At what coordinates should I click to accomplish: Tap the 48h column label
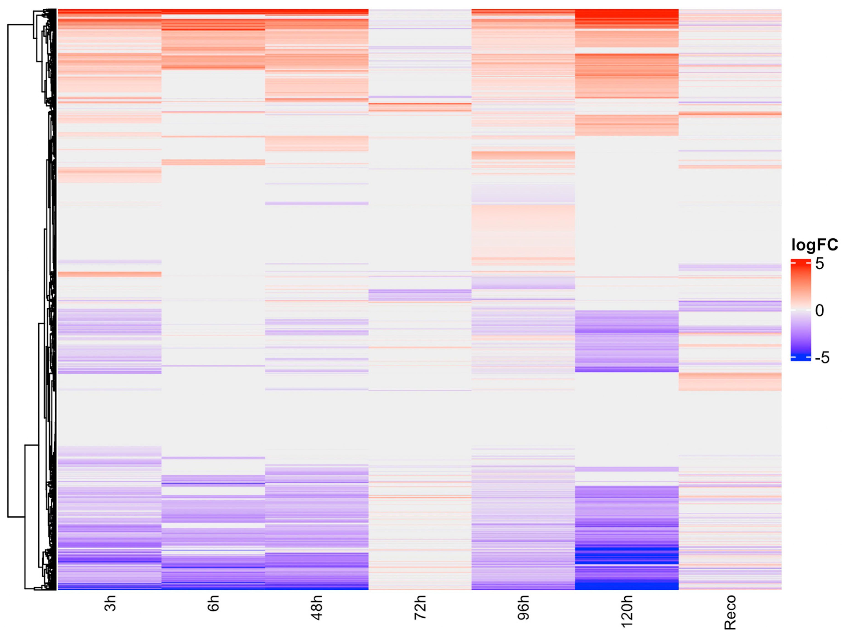coord(317,607)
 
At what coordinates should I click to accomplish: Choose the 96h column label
coord(523,607)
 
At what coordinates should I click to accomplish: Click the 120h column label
coord(627,611)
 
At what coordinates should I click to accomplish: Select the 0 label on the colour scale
coord(819,310)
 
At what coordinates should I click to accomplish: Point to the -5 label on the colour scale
coord(822,358)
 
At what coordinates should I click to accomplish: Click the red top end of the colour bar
coord(801,262)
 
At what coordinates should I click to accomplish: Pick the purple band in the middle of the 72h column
coord(420,294)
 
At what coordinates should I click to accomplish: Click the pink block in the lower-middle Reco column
coord(730,382)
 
